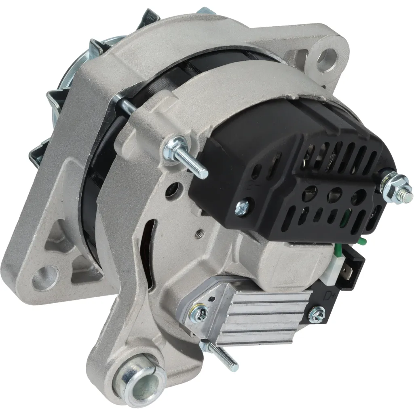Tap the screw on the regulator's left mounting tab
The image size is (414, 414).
tap(201, 311)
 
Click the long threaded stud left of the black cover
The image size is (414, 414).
tap(190, 160)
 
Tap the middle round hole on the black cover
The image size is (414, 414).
tap(334, 194)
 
